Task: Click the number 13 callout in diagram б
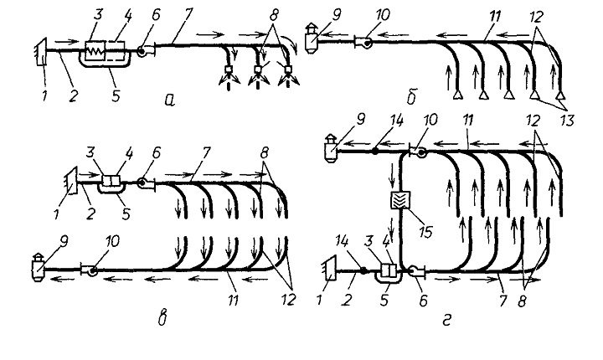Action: click(565, 121)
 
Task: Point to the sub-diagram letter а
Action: click(169, 100)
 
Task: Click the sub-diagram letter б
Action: click(411, 97)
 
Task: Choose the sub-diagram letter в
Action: click(162, 319)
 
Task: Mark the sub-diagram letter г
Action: click(446, 320)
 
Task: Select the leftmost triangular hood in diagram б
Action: click(456, 95)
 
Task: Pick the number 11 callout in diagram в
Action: click(232, 300)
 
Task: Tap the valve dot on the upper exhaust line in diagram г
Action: click(375, 152)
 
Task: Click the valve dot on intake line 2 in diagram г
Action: click(363, 270)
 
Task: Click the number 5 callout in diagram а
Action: click(116, 95)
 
